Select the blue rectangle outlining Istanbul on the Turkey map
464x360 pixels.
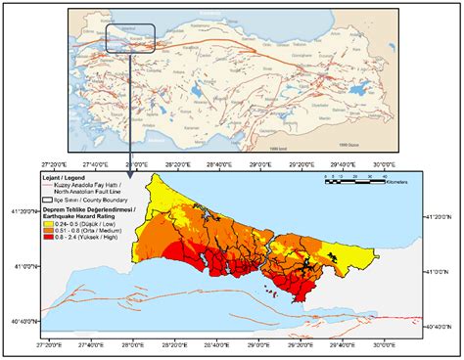click(x=127, y=37)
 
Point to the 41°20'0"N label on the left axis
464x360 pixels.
click(x=23, y=211)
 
